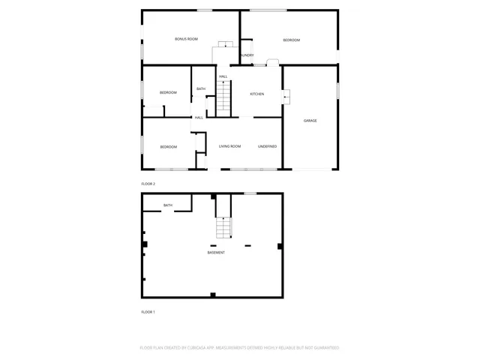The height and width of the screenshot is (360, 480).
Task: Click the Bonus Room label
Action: point(186,39)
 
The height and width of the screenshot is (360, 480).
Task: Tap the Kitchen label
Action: point(257,94)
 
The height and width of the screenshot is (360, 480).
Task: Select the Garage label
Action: point(310,121)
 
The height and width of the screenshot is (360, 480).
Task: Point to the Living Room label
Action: point(229,146)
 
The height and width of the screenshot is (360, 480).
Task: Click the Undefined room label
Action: point(268,146)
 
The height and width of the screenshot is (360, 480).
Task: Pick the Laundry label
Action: point(246,55)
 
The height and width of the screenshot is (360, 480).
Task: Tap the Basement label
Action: point(216,253)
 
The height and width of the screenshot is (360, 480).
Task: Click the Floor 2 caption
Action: point(148,184)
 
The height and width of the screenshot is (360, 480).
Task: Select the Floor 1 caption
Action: point(148,312)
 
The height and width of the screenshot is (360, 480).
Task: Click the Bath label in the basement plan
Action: point(168,205)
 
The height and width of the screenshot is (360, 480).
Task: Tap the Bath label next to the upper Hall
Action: point(201,89)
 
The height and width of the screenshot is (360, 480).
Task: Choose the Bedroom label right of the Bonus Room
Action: point(291,40)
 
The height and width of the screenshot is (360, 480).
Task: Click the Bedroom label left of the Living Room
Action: point(168,147)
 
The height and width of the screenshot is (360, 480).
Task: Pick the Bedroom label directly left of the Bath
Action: point(168,93)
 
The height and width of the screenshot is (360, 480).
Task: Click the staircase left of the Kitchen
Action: point(223,97)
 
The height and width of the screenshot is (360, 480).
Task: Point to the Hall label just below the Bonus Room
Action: point(223,76)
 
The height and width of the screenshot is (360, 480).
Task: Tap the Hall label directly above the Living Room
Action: point(199,118)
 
